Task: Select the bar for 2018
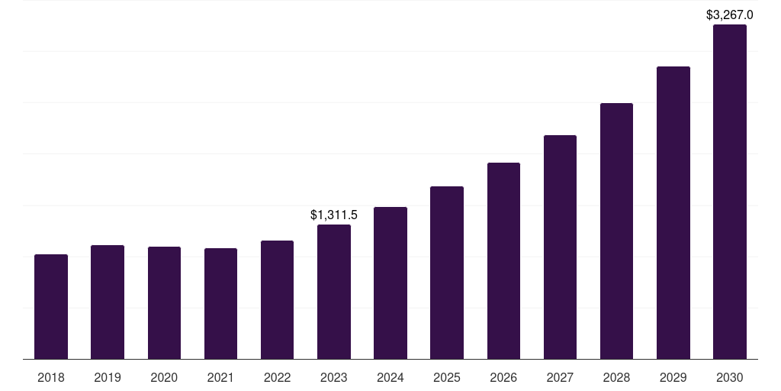tap(51, 307)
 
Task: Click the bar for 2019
tap(108, 302)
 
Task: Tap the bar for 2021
tap(220, 304)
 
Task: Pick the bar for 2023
tap(334, 292)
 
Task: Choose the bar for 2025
tap(447, 273)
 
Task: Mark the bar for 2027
tap(560, 247)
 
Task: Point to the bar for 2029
tap(673, 213)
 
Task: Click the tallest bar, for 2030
tap(730, 192)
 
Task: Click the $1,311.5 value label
tap(334, 215)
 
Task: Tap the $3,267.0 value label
tap(730, 15)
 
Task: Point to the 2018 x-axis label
tap(51, 377)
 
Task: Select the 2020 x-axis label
tap(164, 377)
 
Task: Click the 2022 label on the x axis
tap(277, 377)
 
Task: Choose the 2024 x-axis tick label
tap(390, 377)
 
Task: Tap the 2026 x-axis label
tap(503, 377)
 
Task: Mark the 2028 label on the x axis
tap(616, 377)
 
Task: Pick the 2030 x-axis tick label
tap(730, 377)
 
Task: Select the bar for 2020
tap(165, 302)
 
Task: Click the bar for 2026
tap(503, 261)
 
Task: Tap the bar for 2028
tap(616, 231)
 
